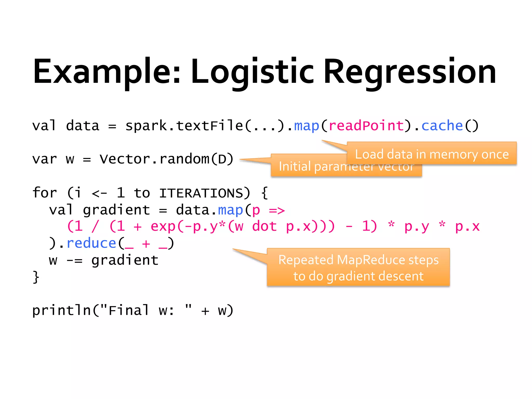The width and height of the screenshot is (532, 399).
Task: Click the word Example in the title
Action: click(x=107, y=71)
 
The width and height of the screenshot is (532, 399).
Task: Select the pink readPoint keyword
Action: click(x=366, y=126)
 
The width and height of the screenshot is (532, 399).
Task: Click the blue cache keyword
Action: click(x=442, y=126)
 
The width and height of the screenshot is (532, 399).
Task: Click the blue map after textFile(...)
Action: click(x=307, y=126)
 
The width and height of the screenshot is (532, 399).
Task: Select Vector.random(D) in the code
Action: click(x=167, y=159)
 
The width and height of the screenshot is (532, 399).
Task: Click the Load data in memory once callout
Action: click(x=432, y=154)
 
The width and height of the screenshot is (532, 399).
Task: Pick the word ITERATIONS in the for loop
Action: click(x=201, y=193)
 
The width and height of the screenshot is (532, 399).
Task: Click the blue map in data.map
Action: click(x=230, y=210)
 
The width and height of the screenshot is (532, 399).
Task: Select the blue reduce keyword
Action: click(x=91, y=243)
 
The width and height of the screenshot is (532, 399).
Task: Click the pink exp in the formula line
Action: click(x=163, y=227)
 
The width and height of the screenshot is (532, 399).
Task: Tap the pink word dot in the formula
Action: click(x=264, y=227)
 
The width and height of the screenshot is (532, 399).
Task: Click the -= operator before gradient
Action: click(x=74, y=260)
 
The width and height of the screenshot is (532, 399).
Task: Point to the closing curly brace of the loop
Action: click(x=36, y=277)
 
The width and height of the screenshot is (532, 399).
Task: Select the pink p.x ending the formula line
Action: click(x=467, y=227)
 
